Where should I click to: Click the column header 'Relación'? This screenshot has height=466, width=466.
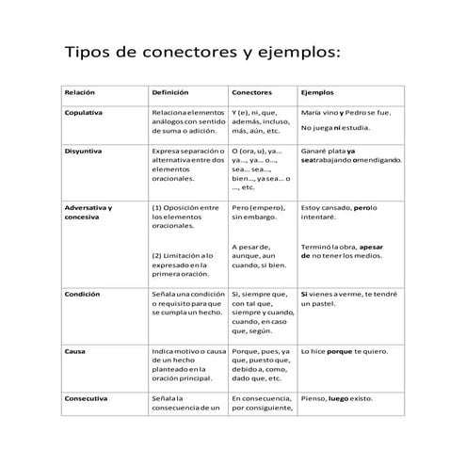(79, 94)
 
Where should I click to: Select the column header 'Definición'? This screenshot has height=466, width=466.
(170, 94)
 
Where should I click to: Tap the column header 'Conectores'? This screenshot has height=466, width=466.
(252, 94)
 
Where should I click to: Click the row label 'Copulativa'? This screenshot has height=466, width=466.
(83, 113)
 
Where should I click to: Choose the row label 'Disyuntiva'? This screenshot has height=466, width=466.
(83, 150)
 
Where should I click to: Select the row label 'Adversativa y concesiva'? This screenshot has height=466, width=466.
(88, 212)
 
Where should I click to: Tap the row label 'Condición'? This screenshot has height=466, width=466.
(82, 295)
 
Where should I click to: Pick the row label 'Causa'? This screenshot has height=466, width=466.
(75, 350)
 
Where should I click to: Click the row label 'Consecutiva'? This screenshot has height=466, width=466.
(85, 398)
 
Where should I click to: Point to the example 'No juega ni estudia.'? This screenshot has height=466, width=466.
(335, 127)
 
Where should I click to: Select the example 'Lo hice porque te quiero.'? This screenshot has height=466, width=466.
(343, 350)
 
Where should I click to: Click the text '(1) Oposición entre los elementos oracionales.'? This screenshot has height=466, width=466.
(185, 217)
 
